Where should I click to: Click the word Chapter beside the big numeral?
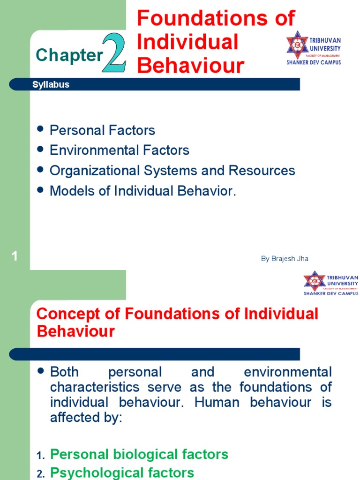[69, 55]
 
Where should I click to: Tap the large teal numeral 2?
[114, 53]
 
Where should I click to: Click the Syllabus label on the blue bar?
[51, 85]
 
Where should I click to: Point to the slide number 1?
[15, 256]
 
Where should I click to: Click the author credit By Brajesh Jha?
[285, 259]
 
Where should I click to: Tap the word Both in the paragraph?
[64, 373]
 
